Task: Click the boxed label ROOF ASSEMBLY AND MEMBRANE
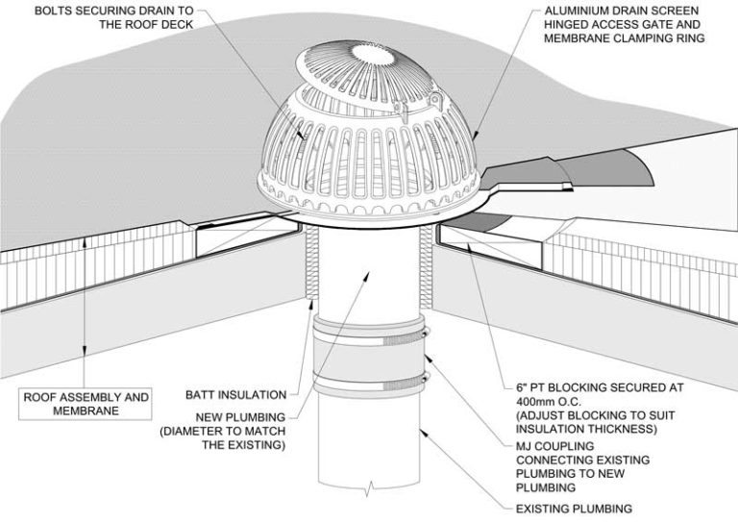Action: point(86,403)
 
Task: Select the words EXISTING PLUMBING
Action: point(572,509)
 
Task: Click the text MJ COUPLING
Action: point(553,447)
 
